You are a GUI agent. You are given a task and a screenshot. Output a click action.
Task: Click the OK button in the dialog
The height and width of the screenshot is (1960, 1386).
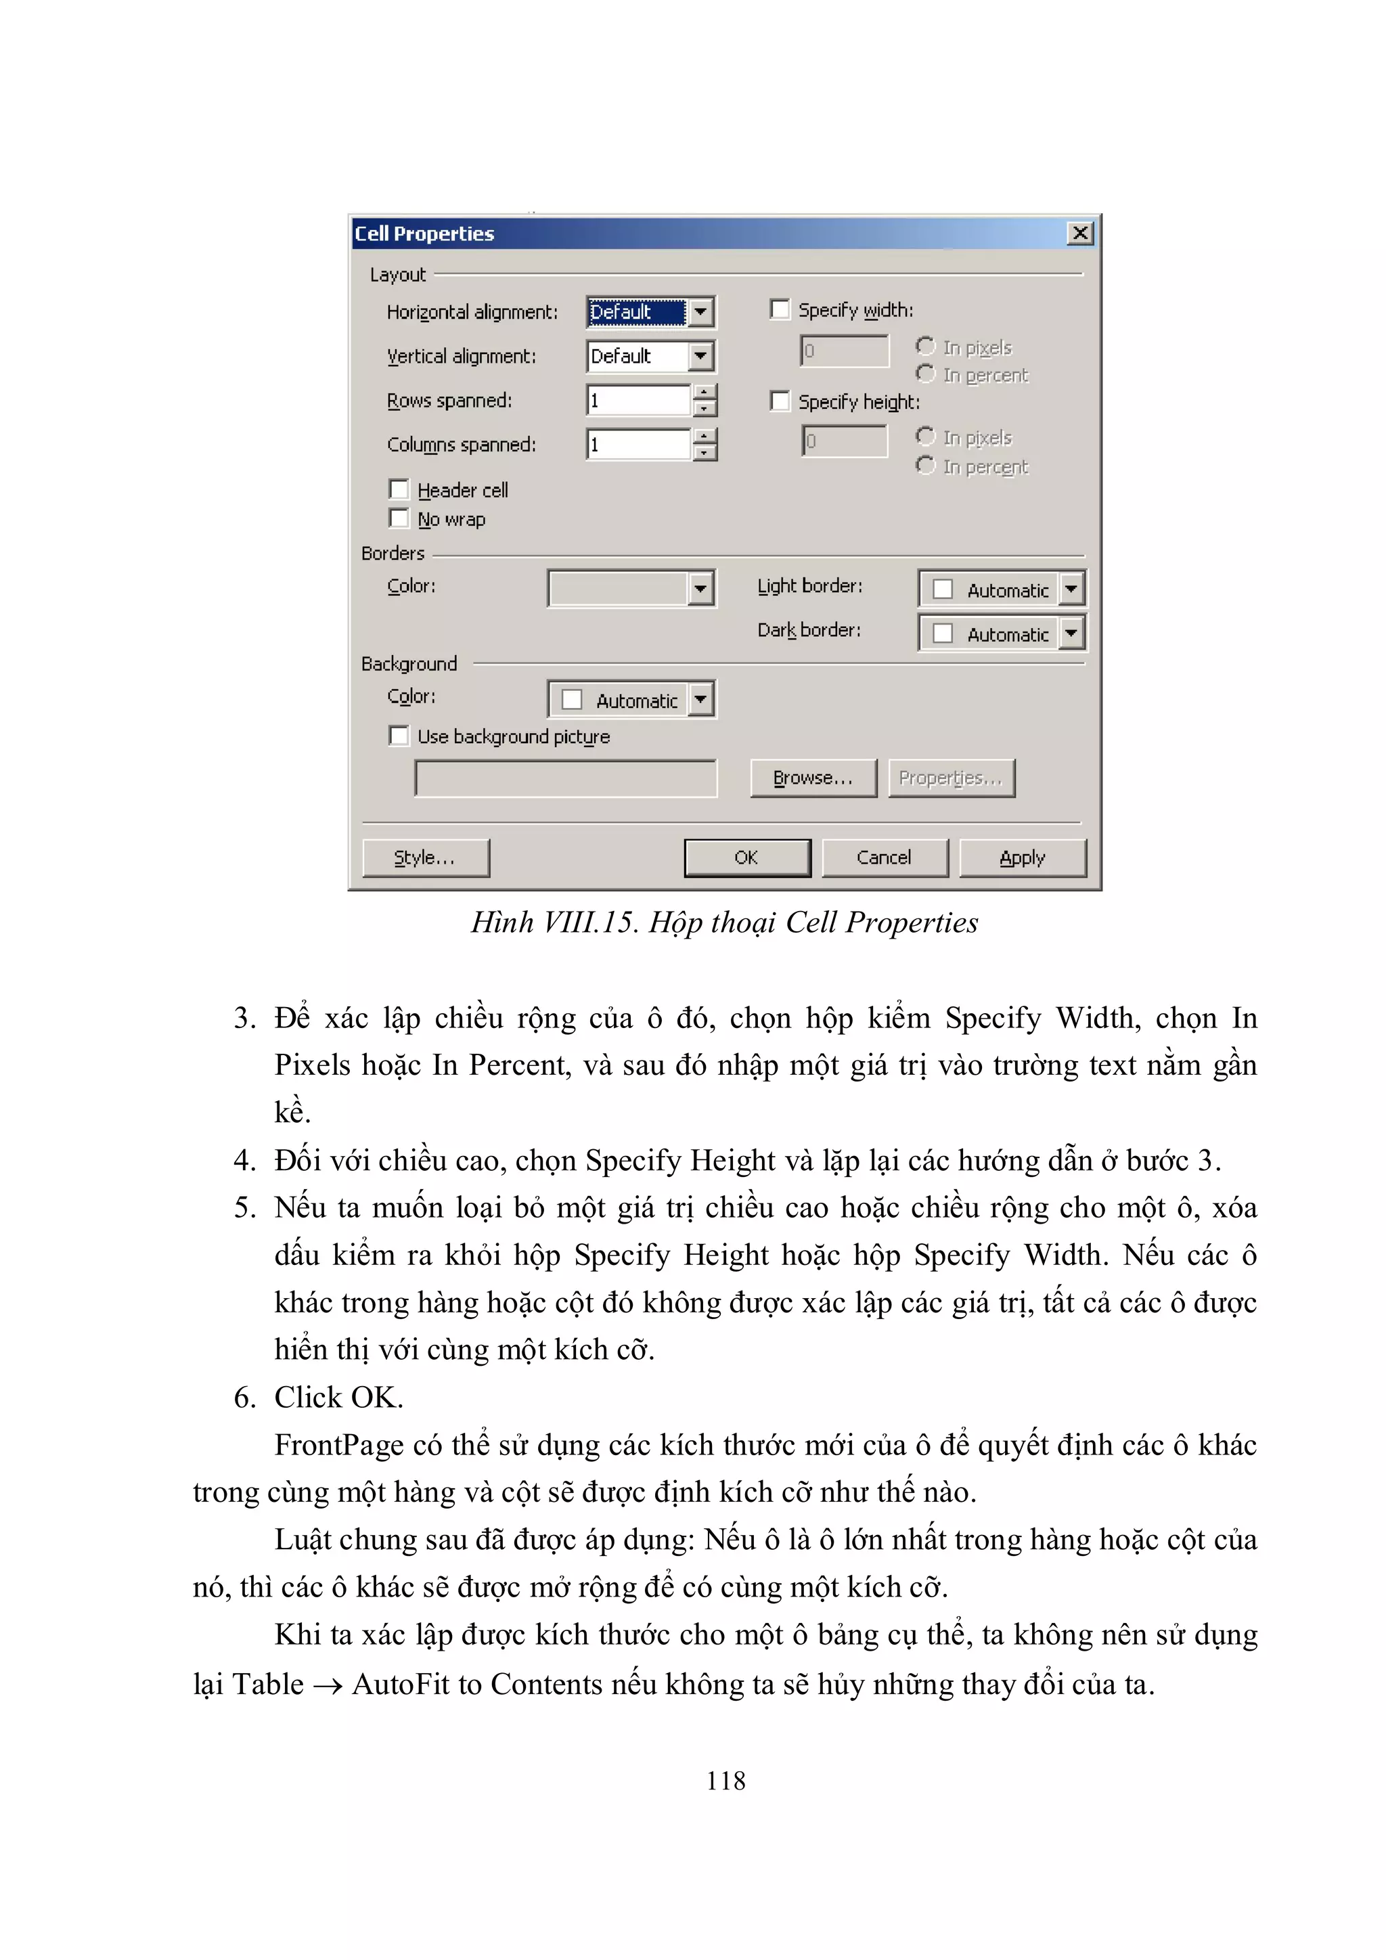(746, 857)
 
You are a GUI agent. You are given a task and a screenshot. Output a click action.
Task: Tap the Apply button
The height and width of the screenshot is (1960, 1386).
(1022, 857)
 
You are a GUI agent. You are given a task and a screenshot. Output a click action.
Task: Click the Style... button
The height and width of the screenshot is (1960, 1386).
(425, 857)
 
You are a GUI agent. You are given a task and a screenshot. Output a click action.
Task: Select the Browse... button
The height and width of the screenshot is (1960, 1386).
(813, 778)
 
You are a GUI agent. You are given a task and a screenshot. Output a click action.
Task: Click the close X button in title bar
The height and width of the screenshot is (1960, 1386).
(1079, 233)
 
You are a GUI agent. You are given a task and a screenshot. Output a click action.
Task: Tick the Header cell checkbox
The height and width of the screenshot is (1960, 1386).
(399, 489)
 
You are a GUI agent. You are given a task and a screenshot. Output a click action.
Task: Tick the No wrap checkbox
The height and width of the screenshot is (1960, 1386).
(399, 518)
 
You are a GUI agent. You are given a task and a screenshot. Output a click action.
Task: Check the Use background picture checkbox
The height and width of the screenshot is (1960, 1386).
(399, 735)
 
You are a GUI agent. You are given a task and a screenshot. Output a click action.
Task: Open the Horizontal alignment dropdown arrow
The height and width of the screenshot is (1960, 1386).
(700, 311)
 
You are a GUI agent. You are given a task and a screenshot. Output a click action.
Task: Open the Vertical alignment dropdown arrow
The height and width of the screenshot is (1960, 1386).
(700, 356)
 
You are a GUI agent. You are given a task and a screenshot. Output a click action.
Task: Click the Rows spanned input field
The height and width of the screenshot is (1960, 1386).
(638, 401)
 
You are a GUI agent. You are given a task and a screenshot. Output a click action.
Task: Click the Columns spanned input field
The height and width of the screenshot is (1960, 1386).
(638, 445)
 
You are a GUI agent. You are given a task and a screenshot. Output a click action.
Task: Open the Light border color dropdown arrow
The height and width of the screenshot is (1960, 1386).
(1071, 589)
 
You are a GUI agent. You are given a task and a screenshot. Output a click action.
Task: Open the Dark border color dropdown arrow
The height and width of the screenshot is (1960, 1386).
(1071, 633)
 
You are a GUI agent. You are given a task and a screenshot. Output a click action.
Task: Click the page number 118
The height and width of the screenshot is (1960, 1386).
(725, 1780)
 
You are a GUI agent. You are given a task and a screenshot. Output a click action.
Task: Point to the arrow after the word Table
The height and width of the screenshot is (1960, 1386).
(328, 1685)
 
